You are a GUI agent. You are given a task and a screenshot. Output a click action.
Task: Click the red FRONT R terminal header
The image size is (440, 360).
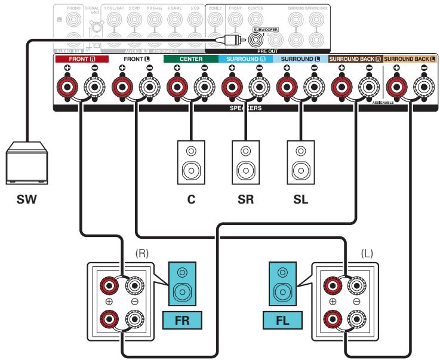tap(73, 60)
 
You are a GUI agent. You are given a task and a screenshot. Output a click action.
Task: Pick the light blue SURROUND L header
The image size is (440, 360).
tap(301, 60)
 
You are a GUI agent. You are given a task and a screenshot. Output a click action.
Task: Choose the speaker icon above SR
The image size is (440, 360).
tap(245, 161)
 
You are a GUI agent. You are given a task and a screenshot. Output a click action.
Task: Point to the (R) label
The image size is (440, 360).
tap(141, 253)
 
